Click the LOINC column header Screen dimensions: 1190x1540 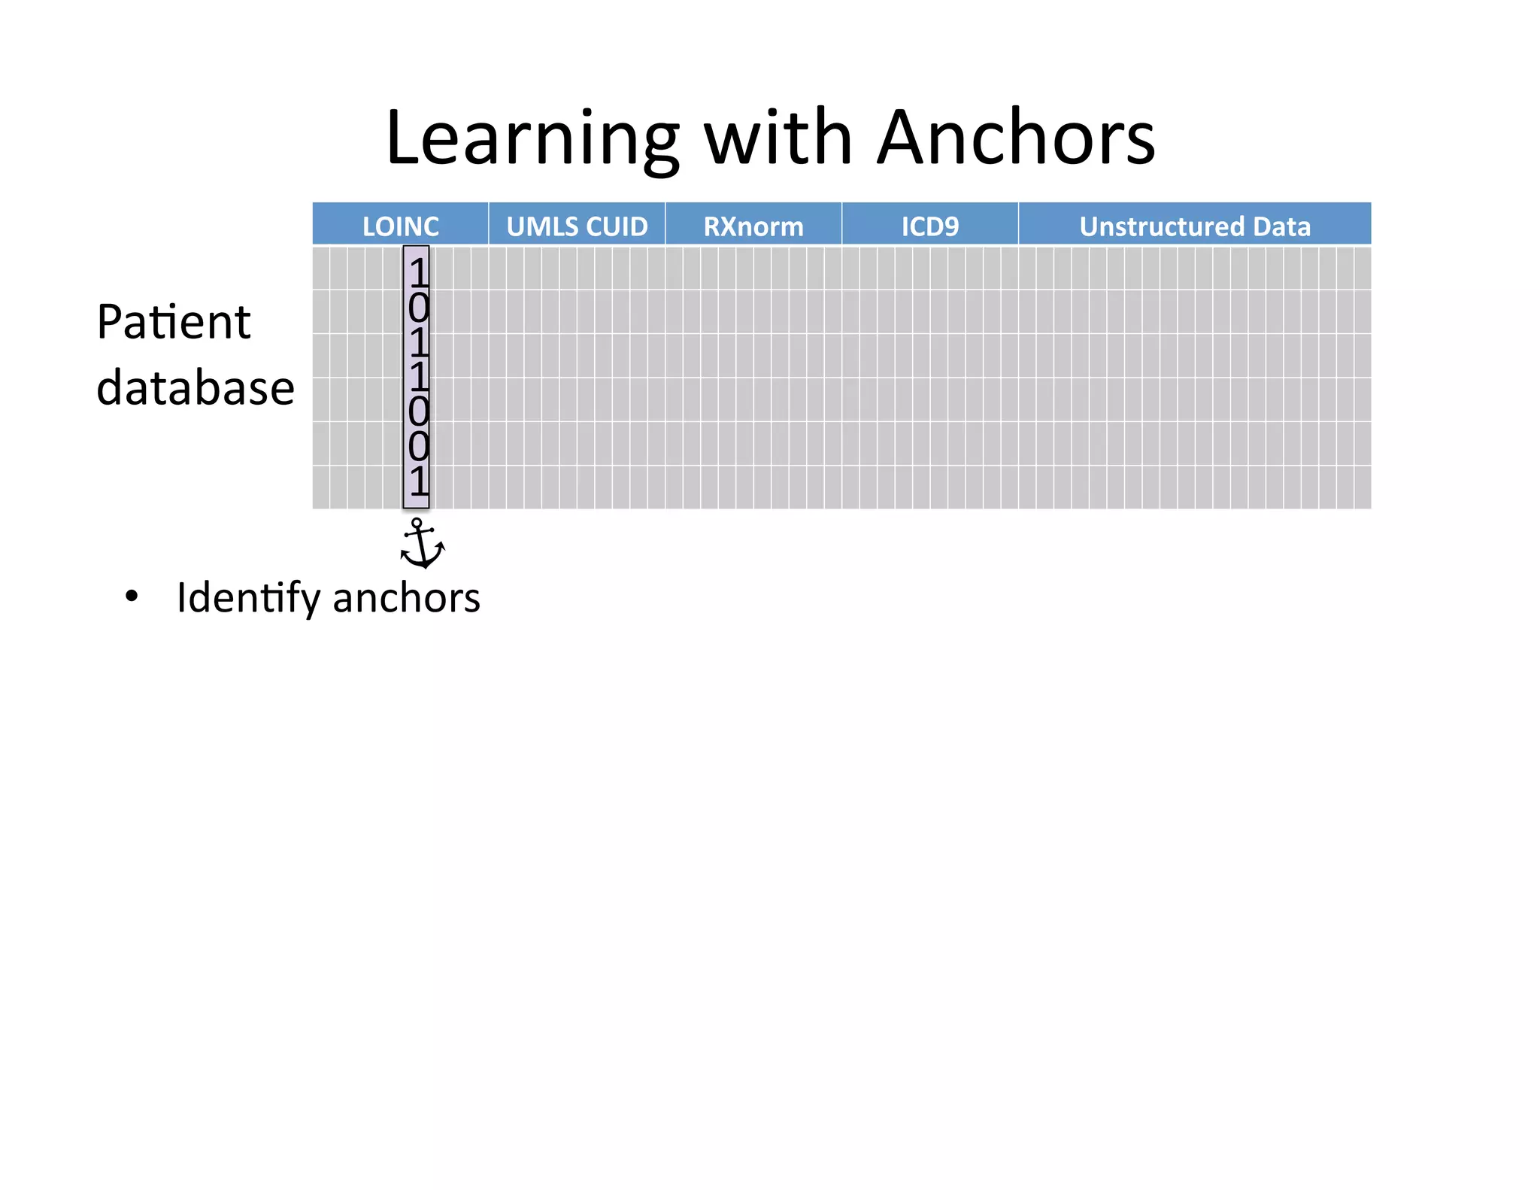[x=400, y=226]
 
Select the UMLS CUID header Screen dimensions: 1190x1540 [x=577, y=226]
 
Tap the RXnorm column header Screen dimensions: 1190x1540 [x=753, y=226]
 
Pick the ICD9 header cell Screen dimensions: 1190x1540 [x=930, y=226]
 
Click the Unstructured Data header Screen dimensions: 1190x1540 [x=1195, y=226]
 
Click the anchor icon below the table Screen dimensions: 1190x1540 [x=421, y=543]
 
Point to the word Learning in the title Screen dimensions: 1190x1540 [x=532, y=138]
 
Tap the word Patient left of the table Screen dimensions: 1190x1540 [x=174, y=323]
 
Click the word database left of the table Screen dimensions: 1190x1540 [x=196, y=388]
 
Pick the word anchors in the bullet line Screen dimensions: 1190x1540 [x=406, y=599]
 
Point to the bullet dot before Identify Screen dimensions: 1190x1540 [x=132, y=597]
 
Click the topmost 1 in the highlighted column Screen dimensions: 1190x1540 [x=418, y=272]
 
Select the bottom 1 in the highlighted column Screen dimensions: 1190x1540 [x=418, y=481]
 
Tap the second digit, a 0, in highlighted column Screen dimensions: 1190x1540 [x=418, y=307]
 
